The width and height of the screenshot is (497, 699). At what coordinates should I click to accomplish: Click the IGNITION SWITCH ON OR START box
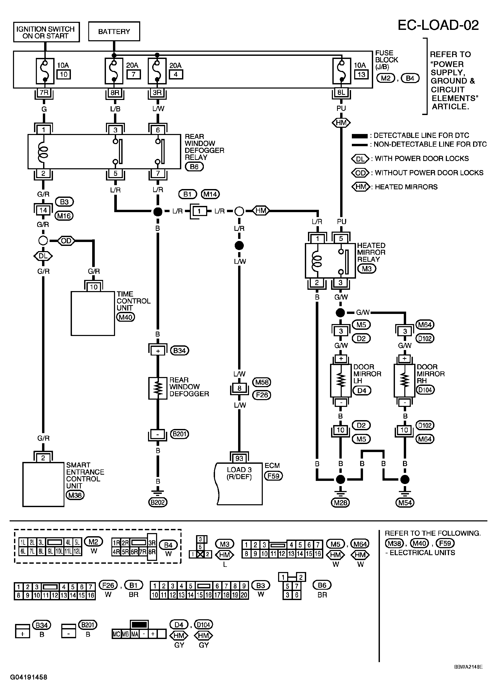[x=46, y=32]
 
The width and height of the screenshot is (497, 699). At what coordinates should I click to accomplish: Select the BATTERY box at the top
[x=114, y=31]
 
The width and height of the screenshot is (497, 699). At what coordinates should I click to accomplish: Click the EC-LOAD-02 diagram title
[x=438, y=25]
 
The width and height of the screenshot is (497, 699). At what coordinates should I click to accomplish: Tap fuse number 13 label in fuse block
[x=361, y=74]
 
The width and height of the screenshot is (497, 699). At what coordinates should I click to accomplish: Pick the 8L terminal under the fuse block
[x=341, y=92]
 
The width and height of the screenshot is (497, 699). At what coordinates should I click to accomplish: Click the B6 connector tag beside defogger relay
[x=194, y=167]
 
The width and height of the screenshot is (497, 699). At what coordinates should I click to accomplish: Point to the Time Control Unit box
[x=93, y=313]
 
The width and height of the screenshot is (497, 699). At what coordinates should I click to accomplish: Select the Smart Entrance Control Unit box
[x=43, y=485]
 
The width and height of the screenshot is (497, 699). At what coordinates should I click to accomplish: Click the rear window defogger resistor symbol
[x=158, y=388]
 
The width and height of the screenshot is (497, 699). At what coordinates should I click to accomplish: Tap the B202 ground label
[x=158, y=502]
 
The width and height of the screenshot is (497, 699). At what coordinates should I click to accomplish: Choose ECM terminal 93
[x=239, y=458]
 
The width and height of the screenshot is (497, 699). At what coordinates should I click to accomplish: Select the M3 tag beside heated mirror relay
[x=367, y=269]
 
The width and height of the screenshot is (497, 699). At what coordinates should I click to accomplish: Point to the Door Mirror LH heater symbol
[x=341, y=380]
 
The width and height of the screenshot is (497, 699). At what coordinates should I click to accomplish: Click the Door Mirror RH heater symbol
[x=405, y=380]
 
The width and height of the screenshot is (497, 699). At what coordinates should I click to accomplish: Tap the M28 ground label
[x=341, y=502]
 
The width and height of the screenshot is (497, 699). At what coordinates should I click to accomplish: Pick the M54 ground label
[x=405, y=502]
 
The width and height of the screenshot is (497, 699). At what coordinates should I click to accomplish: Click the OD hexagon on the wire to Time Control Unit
[x=66, y=241]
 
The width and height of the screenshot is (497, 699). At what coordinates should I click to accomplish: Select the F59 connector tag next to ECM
[x=274, y=476]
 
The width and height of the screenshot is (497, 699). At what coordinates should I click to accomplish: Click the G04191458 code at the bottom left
[x=29, y=677]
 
